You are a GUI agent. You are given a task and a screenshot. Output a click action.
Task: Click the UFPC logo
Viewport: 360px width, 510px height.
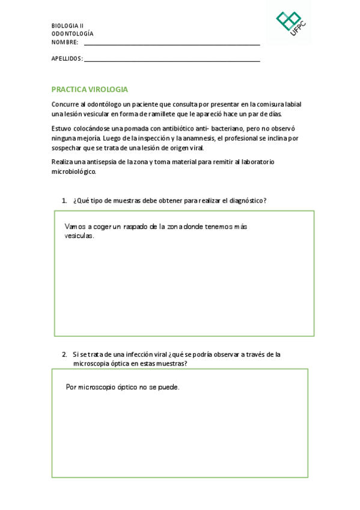[x=289, y=23]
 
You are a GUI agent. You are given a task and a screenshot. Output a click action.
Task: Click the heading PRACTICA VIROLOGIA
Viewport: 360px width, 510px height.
[x=90, y=89]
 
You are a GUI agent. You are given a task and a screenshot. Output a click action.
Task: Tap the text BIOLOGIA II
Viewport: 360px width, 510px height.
[x=67, y=26]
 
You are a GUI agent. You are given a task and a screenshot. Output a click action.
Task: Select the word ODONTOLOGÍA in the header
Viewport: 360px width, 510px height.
[x=72, y=34]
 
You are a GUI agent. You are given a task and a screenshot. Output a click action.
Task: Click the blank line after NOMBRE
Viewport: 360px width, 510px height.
[x=172, y=44]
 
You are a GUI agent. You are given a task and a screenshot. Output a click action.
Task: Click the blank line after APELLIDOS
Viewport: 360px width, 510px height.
[x=172, y=60]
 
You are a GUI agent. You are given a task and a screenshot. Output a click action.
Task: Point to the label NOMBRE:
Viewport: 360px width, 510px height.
[x=65, y=42]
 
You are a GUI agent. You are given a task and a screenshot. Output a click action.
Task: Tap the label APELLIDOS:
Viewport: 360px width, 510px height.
[x=67, y=58]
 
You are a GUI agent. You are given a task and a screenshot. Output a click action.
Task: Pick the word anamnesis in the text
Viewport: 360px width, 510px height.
[x=197, y=138]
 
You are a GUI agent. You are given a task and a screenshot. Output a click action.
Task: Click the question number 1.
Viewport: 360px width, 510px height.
[x=64, y=200]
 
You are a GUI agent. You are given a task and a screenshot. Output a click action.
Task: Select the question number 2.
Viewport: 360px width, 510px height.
[x=64, y=354]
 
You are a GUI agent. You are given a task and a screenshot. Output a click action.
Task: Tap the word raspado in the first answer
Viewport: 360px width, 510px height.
[x=136, y=227]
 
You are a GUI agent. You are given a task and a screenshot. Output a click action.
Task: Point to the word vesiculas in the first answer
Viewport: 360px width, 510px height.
[x=79, y=236]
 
